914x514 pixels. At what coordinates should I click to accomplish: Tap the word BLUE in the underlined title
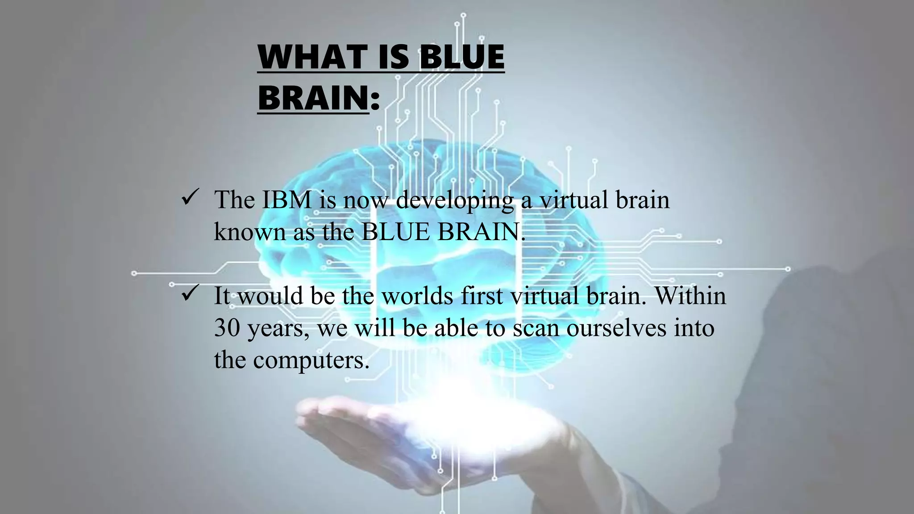click(x=462, y=58)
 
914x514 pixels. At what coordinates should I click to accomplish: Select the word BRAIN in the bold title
click(x=313, y=99)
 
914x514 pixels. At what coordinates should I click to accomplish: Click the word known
click(x=249, y=232)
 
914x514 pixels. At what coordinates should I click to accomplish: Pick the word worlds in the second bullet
click(x=417, y=296)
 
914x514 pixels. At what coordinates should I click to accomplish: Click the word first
click(x=482, y=296)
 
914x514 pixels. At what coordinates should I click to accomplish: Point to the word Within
click(x=690, y=296)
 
